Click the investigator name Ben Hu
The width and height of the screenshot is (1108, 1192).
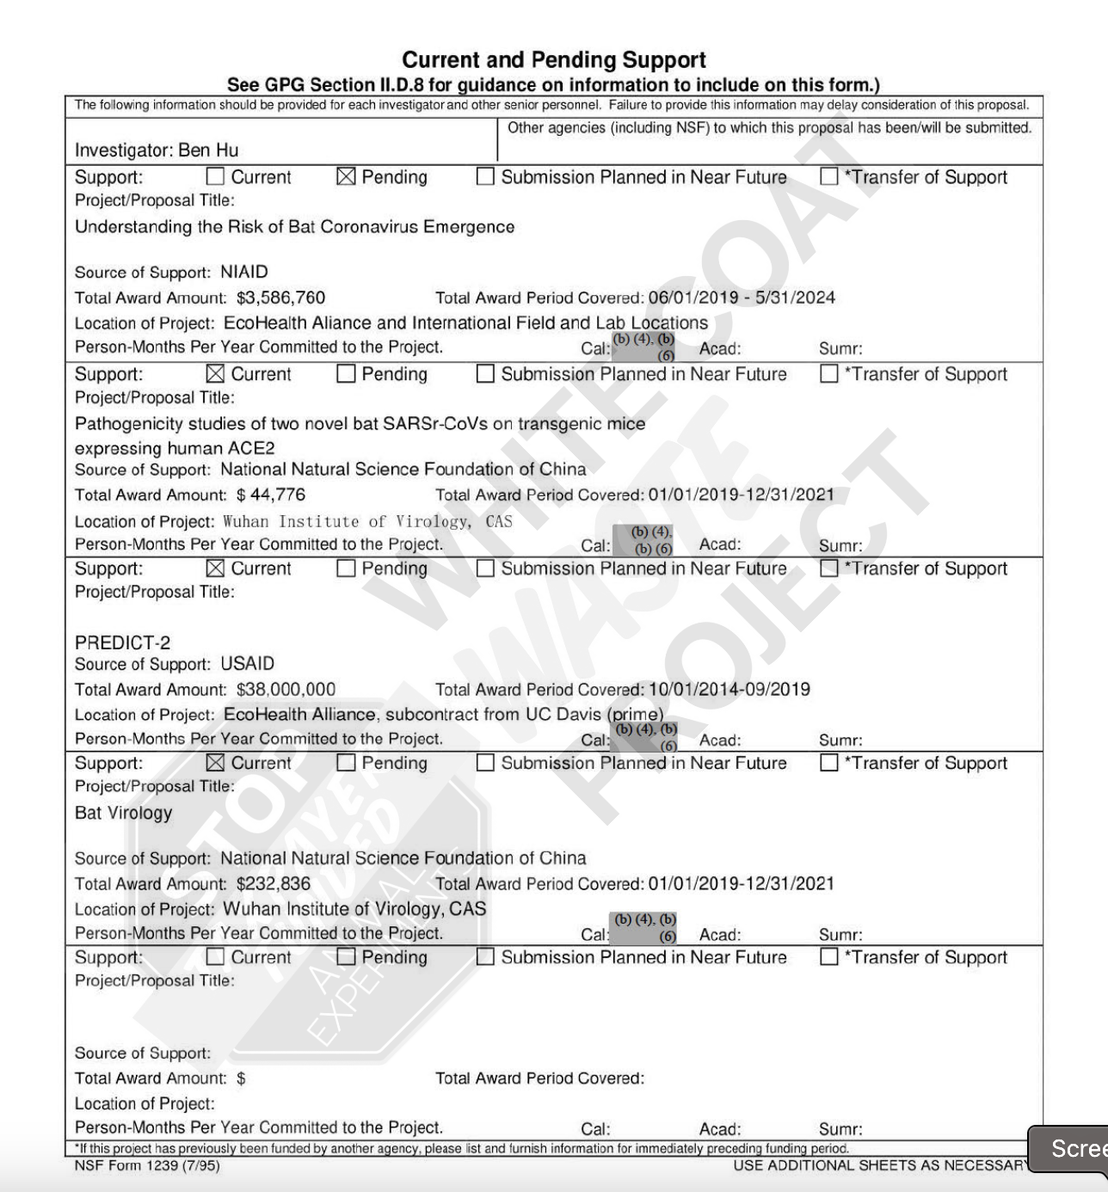[x=209, y=151]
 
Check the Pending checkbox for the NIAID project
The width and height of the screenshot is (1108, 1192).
[x=346, y=177]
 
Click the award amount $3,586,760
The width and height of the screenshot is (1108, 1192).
[x=281, y=298]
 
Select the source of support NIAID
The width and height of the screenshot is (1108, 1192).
[x=244, y=273]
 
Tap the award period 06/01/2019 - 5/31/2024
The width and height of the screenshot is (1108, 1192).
[x=742, y=298]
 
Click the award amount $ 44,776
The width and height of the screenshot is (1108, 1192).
[x=271, y=495]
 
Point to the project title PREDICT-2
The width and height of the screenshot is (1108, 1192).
[x=122, y=643]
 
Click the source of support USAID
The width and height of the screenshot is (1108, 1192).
[x=248, y=665]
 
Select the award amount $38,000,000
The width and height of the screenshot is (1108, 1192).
[x=286, y=690]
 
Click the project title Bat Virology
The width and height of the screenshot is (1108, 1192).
[x=123, y=814]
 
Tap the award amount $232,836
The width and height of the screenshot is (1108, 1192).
[x=274, y=884]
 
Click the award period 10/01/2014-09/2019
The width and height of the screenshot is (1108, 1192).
[x=729, y=690]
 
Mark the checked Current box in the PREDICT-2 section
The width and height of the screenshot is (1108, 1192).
[x=216, y=569]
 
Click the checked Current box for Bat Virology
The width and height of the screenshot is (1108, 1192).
[x=216, y=764]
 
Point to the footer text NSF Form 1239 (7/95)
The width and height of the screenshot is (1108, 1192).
[x=147, y=1166]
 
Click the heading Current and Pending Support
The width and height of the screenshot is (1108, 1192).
[x=554, y=60]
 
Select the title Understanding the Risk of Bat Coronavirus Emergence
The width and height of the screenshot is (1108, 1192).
[x=295, y=228]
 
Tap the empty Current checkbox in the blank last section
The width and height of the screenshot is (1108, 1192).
[x=216, y=958]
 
